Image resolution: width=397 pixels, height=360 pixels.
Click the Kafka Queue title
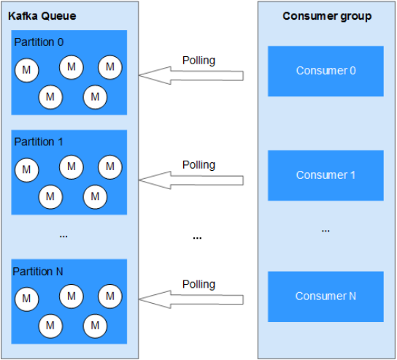tap(42, 16)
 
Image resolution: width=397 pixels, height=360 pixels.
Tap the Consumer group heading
tap(327, 16)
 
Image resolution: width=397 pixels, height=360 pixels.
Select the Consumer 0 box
tap(325, 71)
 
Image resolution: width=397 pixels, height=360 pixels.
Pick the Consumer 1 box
tap(325, 175)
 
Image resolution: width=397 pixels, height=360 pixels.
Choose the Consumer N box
tap(325, 296)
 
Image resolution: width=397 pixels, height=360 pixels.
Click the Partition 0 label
tap(39, 42)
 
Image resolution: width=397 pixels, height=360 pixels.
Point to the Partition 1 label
tap(38, 142)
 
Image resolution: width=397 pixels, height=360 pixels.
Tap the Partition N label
tap(38, 272)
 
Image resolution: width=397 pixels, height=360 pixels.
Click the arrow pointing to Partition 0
tap(191, 75)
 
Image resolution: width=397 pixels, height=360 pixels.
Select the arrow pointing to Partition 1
tap(191, 180)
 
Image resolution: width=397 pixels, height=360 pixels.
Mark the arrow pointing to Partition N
tap(191, 299)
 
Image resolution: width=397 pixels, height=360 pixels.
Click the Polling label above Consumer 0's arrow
tap(198, 61)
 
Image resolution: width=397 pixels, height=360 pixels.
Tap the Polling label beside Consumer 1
tap(198, 165)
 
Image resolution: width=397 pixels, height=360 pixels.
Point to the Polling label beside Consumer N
tap(198, 285)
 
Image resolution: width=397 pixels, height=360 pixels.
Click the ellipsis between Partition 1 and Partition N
tap(63, 237)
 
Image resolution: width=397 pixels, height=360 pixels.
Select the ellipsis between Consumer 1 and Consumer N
tap(325, 231)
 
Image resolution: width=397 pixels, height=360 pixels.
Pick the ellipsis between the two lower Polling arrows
tap(197, 238)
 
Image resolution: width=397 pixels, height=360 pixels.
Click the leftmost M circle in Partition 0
tap(26, 70)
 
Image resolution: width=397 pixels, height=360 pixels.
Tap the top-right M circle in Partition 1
tap(110, 167)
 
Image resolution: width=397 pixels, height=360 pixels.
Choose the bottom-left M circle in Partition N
tap(50, 326)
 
